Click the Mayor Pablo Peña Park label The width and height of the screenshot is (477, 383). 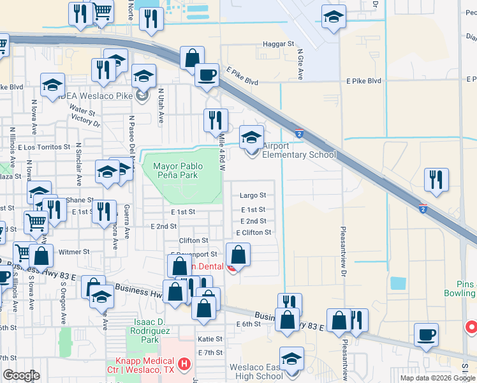(178, 170)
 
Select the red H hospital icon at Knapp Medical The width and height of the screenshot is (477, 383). (184, 364)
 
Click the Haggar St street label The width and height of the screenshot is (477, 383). (278, 44)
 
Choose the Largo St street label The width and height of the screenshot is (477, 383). (252, 195)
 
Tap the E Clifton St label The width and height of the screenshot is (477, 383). (253, 232)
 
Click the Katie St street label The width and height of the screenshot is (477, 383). (210, 339)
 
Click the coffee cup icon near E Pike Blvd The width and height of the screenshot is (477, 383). (206, 74)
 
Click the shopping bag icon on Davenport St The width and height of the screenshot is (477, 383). (238, 255)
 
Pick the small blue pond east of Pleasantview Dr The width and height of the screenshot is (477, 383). (397, 283)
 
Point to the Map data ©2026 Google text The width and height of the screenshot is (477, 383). (437, 378)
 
